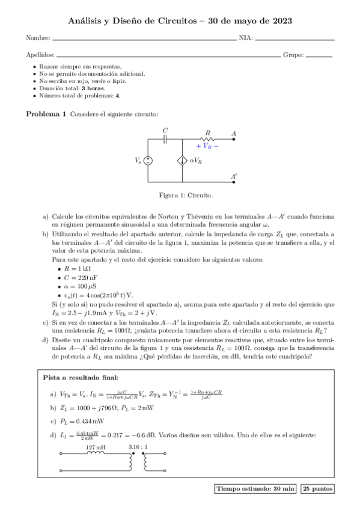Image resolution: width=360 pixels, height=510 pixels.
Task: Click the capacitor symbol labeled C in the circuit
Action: tap(166, 139)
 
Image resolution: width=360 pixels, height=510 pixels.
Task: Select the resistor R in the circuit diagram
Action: tap(207, 139)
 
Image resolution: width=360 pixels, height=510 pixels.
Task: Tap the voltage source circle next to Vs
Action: tap(148, 161)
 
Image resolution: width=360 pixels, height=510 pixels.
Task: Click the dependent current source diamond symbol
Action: tap(182, 161)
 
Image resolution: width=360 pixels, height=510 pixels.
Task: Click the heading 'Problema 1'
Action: tap(46, 114)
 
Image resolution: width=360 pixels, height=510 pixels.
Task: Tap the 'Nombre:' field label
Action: tap(38, 38)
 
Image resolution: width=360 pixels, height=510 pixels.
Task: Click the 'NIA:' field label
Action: tap(245, 38)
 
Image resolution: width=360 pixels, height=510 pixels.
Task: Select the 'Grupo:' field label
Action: tap(293, 55)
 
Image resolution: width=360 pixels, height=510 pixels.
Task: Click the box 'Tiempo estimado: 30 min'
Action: tap(254, 490)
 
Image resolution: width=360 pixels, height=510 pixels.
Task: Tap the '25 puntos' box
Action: tap(317, 490)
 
